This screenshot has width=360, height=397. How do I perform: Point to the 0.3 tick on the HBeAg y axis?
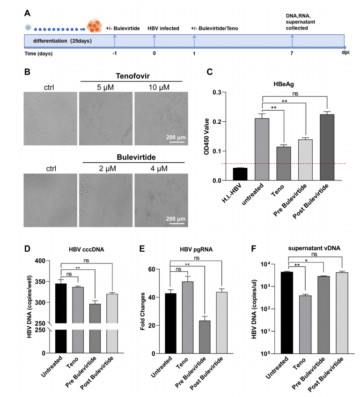(x=222, y=92)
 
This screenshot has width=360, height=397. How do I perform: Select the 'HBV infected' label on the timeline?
(x=164, y=28)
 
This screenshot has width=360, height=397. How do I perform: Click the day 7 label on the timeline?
(x=291, y=53)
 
